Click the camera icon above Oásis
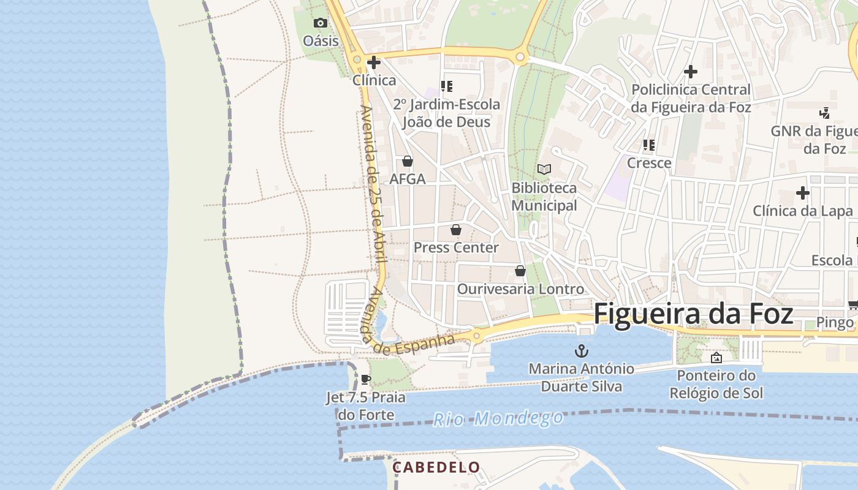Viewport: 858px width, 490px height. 320,23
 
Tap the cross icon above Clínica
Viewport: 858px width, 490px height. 373,62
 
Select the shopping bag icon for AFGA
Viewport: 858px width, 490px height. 407,161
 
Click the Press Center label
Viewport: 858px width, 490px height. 456,247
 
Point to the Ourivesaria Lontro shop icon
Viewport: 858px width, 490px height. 520,270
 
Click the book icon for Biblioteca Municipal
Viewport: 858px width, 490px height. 544,169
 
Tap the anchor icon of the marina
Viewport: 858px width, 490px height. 581,351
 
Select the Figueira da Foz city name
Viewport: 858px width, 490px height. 693,313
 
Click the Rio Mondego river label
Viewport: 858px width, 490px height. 498,419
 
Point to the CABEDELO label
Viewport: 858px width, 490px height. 436,467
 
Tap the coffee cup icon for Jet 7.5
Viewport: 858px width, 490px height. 366,379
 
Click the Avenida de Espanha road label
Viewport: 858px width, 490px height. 414,345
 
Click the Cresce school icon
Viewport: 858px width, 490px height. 649,145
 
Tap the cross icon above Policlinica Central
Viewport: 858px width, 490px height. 691,72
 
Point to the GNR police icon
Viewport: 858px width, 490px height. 825,113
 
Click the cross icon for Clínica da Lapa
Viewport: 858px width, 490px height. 803,193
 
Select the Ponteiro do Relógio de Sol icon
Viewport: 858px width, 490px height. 716,358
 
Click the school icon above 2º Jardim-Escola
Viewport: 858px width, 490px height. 447,86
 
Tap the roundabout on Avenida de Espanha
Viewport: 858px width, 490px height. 476,335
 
